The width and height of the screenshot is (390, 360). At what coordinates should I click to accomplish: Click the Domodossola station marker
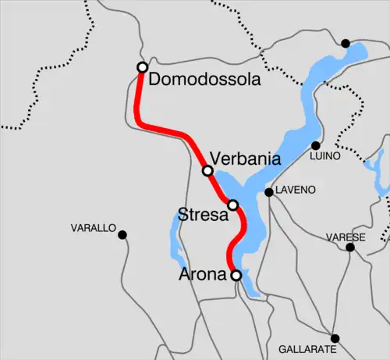[142, 67]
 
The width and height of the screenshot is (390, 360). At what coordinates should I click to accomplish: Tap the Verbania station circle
[207, 170]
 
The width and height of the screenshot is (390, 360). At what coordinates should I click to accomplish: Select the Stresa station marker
[232, 205]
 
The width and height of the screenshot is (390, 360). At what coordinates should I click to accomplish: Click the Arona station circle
[236, 275]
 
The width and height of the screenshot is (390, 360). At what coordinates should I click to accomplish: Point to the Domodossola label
[204, 80]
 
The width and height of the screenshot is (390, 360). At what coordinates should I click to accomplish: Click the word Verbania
[246, 159]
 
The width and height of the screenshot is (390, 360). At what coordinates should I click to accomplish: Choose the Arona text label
[205, 274]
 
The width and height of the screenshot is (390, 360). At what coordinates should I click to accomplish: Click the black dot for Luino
[316, 145]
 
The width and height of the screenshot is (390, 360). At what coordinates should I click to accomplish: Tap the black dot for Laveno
[268, 191]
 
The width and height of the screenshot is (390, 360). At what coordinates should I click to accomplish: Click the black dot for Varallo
[122, 233]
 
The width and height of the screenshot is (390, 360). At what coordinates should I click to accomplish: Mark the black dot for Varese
[350, 248]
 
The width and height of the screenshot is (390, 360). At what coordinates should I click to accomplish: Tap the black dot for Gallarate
[335, 338]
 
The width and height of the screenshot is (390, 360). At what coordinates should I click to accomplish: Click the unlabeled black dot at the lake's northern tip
[346, 43]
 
